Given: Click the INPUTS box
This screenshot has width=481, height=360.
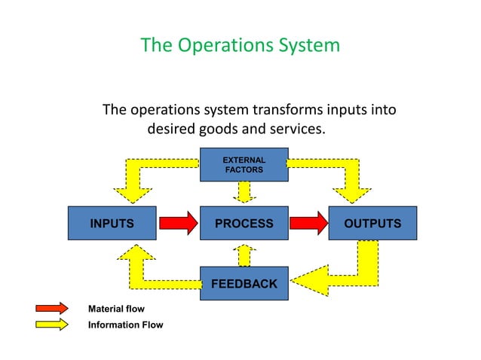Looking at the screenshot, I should click(x=112, y=224).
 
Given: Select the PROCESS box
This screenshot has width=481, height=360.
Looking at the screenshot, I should click(x=244, y=224).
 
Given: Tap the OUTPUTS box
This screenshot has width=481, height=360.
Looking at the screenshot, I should click(x=372, y=224).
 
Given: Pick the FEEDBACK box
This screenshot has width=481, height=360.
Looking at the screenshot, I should click(x=244, y=284).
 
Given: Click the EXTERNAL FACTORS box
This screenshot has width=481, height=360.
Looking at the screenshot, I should click(x=244, y=165).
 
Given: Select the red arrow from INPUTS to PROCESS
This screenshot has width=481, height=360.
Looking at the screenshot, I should click(x=178, y=223).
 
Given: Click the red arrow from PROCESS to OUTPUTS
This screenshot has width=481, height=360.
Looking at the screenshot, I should click(x=308, y=223).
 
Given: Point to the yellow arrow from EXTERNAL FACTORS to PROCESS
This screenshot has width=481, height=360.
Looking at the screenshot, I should click(x=244, y=193).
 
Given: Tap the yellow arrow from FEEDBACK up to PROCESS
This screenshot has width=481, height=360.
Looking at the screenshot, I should click(x=244, y=255).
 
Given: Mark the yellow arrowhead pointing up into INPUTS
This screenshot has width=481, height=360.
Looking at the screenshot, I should click(x=137, y=253).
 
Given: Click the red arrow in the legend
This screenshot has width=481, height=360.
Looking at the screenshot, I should click(x=53, y=309).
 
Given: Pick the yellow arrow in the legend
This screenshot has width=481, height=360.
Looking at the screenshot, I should click(x=53, y=325).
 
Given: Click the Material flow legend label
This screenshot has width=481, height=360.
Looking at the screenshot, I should click(x=116, y=310).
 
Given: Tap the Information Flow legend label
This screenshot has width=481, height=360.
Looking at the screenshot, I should click(x=125, y=325).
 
